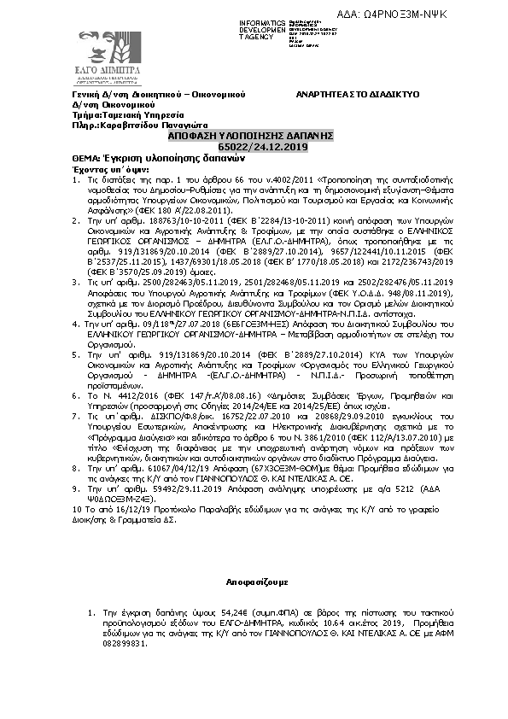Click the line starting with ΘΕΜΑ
[x=147, y=159]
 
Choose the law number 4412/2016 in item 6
[x=131, y=386]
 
